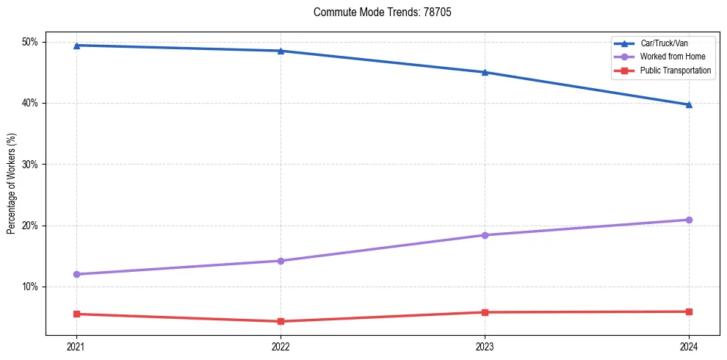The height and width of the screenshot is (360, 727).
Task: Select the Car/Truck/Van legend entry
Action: click(x=665, y=43)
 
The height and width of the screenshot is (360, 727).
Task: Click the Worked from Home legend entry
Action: click(x=673, y=57)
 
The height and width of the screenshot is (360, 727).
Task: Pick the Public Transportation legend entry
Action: click(x=676, y=71)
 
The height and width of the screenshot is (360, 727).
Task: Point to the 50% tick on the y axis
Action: click(x=31, y=42)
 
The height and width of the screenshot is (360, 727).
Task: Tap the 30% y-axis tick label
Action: click(x=31, y=165)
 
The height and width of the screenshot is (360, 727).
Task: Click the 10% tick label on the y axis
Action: click(x=31, y=287)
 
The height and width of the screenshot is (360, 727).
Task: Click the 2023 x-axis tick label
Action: click(x=485, y=345)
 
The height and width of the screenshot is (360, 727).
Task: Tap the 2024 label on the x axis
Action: click(x=689, y=345)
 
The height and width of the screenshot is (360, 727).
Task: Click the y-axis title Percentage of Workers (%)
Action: click(x=12, y=184)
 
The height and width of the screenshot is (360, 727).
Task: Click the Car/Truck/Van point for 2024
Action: click(x=689, y=104)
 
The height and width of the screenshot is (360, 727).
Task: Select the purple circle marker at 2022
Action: click(x=281, y=261)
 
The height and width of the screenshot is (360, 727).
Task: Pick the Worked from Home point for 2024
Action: click(x=689, y=220)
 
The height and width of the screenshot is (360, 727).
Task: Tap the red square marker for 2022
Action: click(x=281, y=321)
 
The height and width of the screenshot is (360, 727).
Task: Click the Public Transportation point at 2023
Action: click(x=485, y=312)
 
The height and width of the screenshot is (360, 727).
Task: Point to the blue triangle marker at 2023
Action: click(x=485, y=72)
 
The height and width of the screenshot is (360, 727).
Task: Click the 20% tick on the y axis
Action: click(x=31, y=226)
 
